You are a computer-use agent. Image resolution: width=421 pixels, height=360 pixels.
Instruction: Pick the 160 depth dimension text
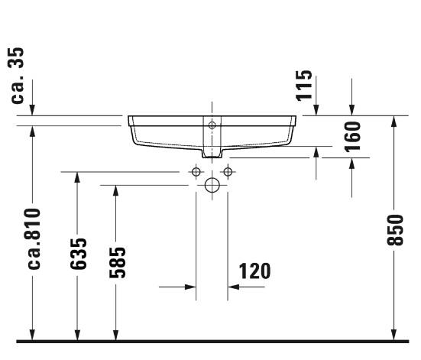click(x=351, y=135)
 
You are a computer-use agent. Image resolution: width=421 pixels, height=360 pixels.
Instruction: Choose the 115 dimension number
click(x=305, y=86)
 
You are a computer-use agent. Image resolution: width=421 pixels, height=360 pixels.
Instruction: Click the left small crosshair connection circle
click(x=196, y=171)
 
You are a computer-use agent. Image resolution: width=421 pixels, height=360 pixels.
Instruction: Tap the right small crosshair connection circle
click(x=226, y=171)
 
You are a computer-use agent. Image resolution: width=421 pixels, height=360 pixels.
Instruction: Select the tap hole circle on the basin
click(x=212, y=124)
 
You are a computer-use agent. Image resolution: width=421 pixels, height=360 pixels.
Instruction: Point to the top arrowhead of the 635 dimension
click(x=76, y=178)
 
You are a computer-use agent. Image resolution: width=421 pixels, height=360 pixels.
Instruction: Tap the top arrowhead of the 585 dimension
click(x=115, y=190)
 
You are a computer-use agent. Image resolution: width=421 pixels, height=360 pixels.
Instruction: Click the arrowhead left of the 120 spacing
click(x=190, y=287)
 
